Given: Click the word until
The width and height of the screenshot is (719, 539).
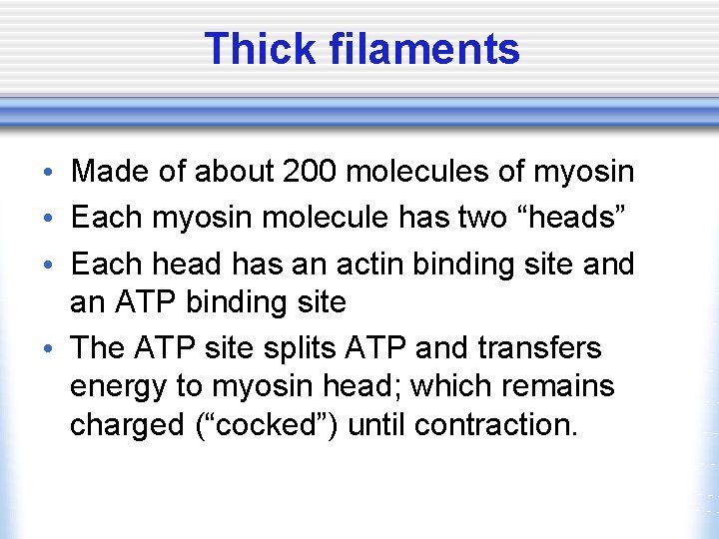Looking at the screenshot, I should tap(379, 424).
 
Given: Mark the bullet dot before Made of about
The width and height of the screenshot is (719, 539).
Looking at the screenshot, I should tap(51, 174).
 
